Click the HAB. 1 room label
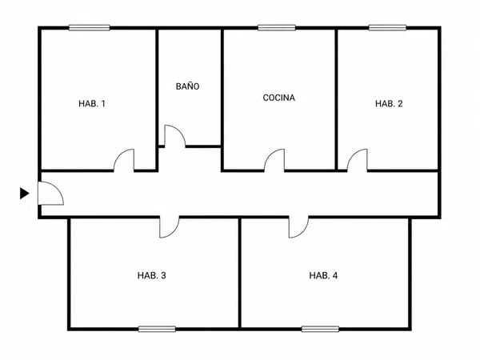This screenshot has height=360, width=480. click(x=92, y=103)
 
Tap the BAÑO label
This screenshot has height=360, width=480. click(x=187, y=86)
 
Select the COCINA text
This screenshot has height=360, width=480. click(x=279, y=98)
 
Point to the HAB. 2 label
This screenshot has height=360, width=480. click(x=389, y=103)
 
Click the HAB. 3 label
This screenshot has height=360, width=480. click(x=151, y=275)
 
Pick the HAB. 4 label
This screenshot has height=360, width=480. click(x=323, y=275)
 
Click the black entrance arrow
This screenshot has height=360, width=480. click(x=25, y=193)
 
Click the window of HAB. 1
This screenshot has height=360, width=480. click(x=89, y=28)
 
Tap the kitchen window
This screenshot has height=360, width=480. click(x=277, y=28)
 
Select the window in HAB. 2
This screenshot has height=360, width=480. click(x=387, y=28)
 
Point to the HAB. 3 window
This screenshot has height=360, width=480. click(x=157, y=329)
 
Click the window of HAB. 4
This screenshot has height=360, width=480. click(x=320, y=329)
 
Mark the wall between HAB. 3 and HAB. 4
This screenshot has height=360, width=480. click(x=240, y=273)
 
